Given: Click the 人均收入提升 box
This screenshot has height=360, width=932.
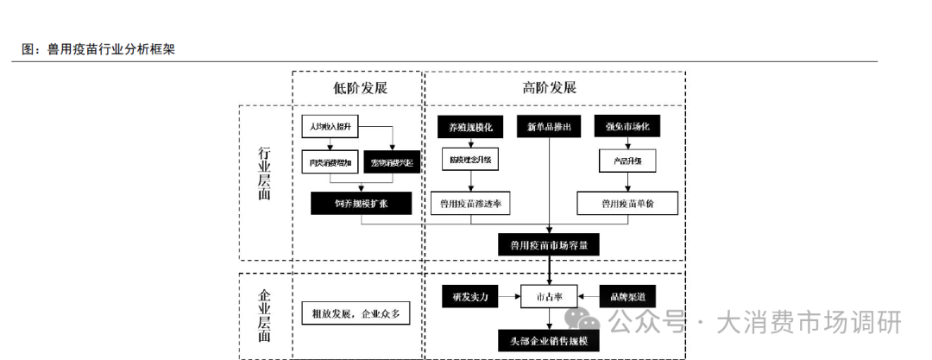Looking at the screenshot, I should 331,126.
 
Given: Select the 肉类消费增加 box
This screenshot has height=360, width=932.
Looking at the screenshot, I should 331,161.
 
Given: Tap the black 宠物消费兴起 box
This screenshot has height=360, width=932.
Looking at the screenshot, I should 393,161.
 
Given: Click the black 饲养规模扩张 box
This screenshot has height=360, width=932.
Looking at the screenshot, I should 362,203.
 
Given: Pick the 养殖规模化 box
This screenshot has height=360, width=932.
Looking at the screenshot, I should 470,127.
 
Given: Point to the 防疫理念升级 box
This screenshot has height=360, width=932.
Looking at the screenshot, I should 470,161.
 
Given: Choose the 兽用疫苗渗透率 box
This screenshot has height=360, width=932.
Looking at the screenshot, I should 470,204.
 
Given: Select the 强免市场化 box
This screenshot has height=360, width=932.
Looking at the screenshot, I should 627,127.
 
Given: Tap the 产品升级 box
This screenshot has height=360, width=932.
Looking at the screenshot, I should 627,161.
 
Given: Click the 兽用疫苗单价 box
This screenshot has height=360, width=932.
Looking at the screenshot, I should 627,204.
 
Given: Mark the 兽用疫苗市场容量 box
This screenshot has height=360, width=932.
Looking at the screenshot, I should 549,245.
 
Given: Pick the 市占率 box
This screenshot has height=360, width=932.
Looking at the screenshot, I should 549,296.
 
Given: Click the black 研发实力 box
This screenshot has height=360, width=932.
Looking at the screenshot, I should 470,296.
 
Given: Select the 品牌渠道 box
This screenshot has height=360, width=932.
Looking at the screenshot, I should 627,296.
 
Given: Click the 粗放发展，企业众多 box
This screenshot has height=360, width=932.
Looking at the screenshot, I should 356,313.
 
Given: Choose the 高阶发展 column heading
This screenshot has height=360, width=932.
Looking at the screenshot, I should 549,88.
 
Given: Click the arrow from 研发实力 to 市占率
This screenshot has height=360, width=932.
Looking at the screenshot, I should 509,296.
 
